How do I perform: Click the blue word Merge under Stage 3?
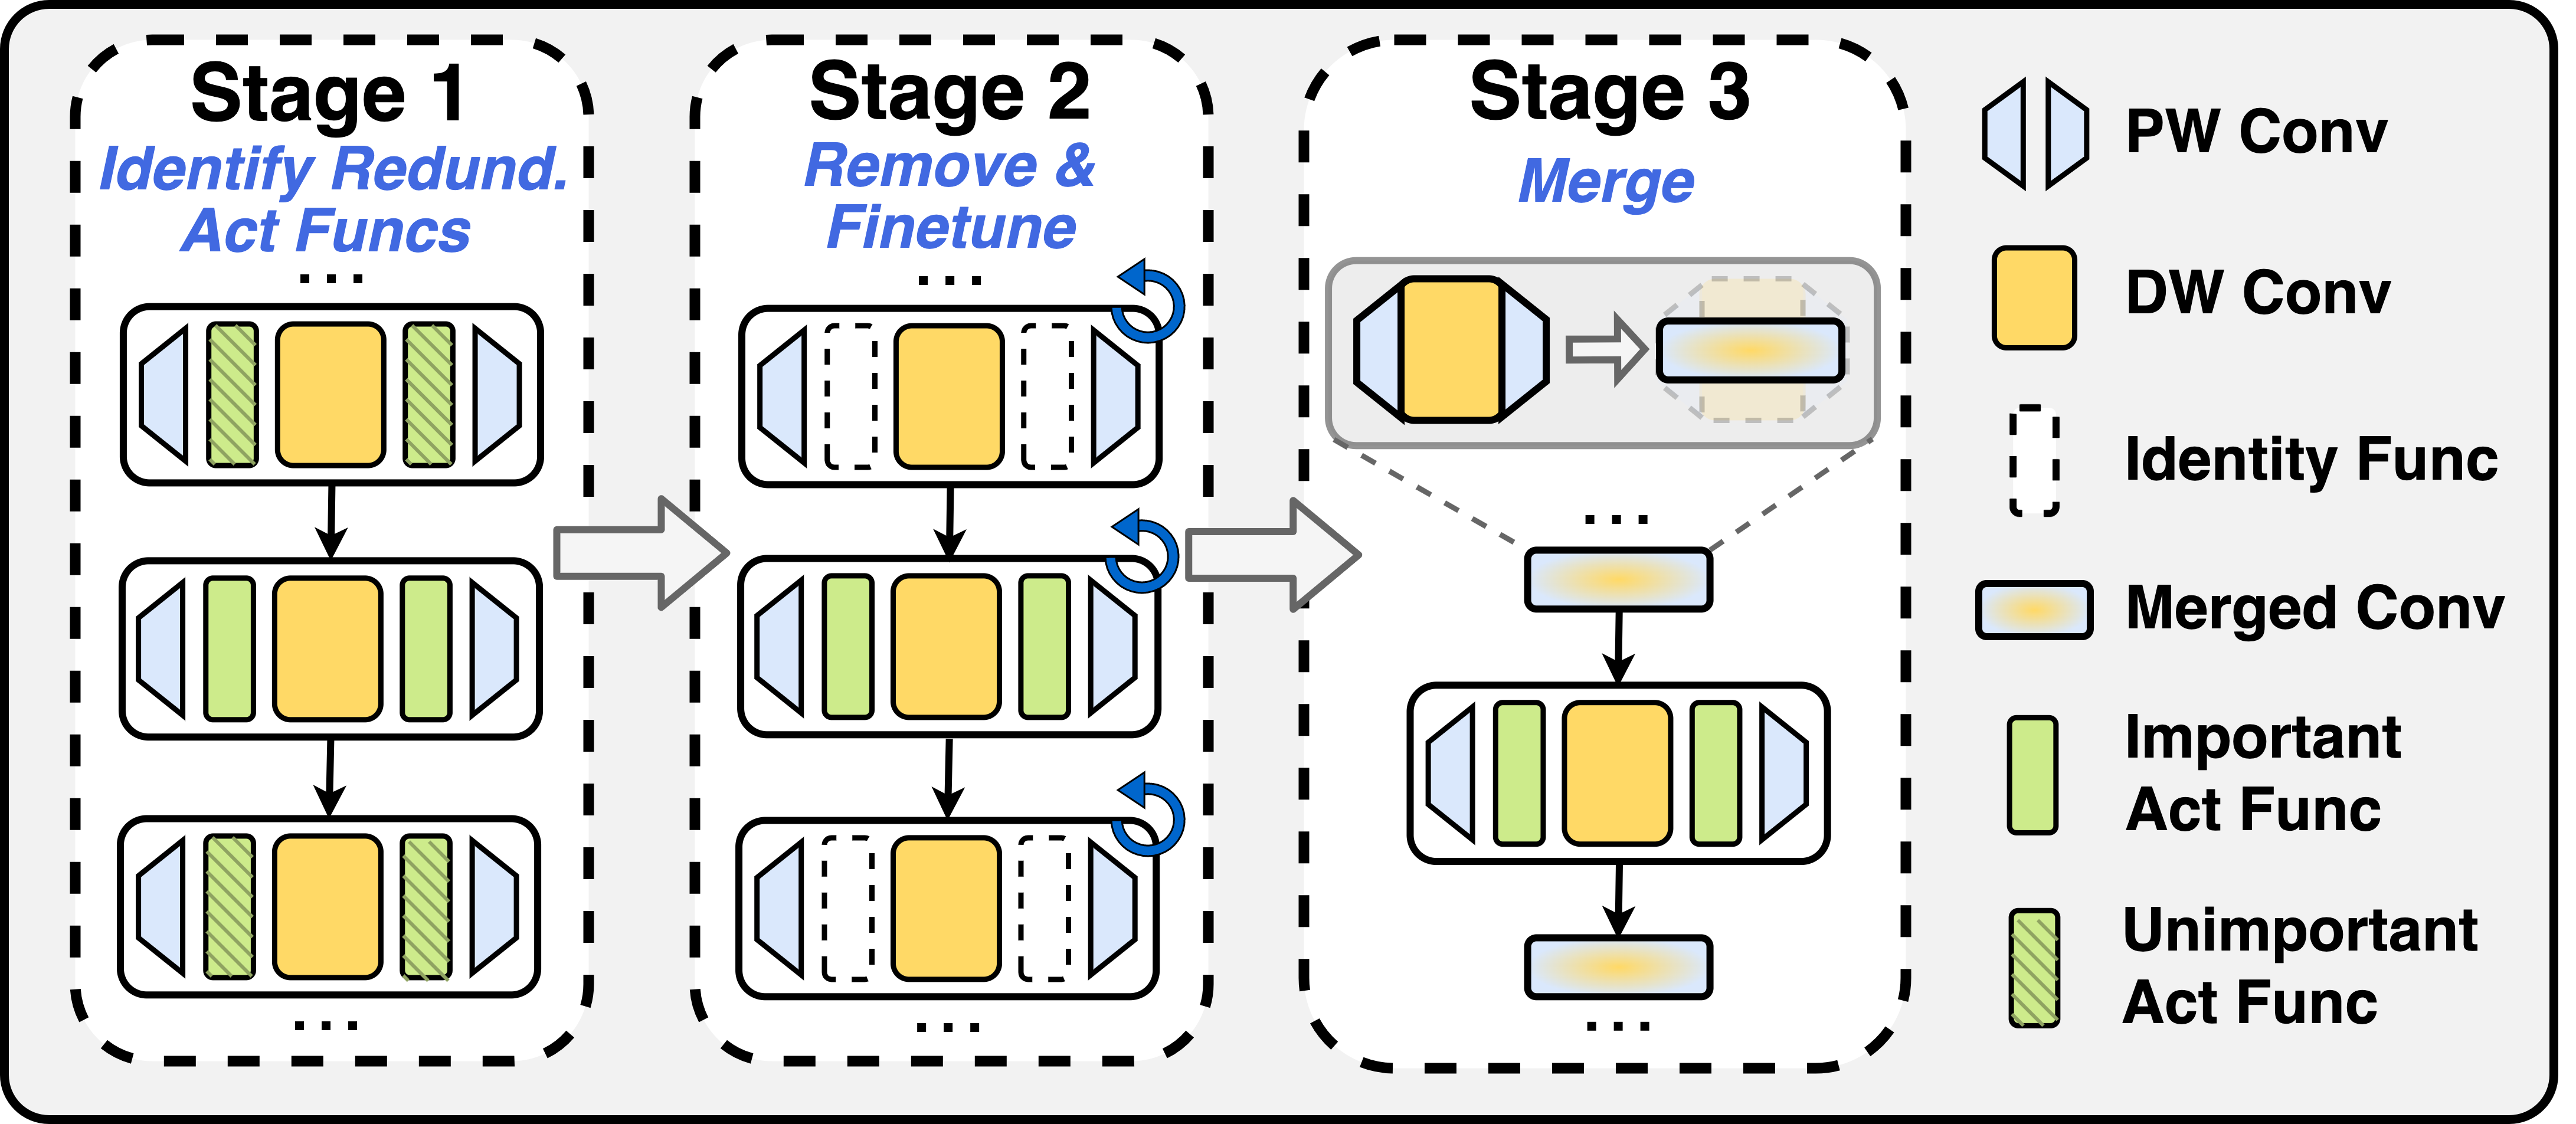(x=1606, y=182)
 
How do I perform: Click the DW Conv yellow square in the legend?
(x=2033, y=298)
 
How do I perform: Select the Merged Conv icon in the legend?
(x=2033, y=610)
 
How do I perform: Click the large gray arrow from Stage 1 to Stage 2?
(x=640, y=553)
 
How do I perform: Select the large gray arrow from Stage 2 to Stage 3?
(x=1272, y=555)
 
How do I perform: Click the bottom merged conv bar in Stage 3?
(x=1618, y=967)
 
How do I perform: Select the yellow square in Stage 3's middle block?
(x=1617, y=773)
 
